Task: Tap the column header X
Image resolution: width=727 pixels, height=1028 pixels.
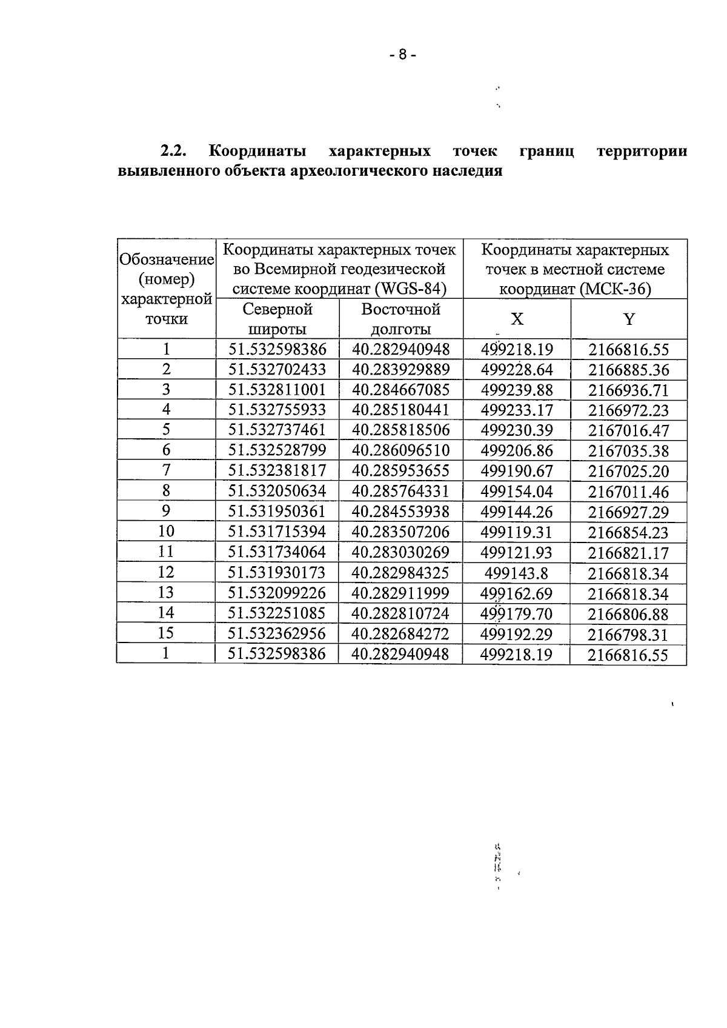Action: pos(517,319)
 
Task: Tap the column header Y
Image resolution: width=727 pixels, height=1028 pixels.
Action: pos(629,319)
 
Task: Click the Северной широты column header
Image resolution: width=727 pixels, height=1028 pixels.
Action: pos(277,319)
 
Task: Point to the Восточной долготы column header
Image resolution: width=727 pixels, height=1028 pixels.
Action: pos(400,319)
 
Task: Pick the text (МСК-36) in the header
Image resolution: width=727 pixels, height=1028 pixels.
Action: pos(615,289)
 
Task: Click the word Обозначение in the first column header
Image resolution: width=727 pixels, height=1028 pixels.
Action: pos(167,260)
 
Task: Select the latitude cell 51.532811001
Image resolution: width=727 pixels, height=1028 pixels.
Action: pos(277,390)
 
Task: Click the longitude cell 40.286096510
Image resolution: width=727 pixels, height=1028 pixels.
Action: pos(400,450)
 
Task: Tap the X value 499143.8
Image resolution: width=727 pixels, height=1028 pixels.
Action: pos(517,573)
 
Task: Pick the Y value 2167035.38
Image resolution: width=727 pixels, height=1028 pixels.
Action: pos(628,451)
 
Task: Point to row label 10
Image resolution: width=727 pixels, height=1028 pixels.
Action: pos(166,532)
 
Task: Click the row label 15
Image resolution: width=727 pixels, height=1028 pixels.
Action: pos(166,633)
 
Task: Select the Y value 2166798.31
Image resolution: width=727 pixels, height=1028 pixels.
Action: pos(628,635)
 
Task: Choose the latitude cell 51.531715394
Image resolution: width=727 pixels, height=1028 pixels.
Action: pos(277,532)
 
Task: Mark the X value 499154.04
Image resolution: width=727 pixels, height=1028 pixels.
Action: pos(517,492)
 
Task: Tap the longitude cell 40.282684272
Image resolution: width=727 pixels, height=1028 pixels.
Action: pos(400,633)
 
